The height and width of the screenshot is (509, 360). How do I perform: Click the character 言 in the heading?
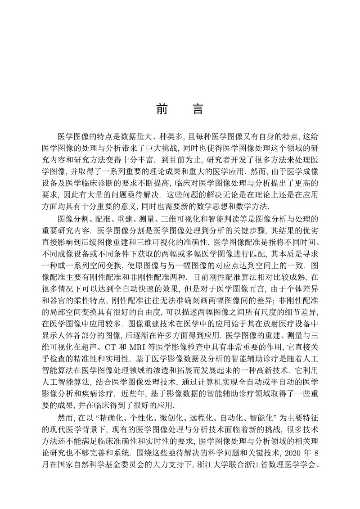pos(198,109)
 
